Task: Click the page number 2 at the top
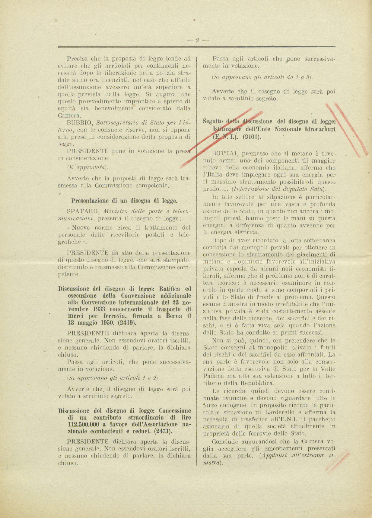click(198, 40)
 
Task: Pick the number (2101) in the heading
click(252, 136)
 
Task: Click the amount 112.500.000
click(83, 424)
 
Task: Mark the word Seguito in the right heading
click(213, 122)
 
